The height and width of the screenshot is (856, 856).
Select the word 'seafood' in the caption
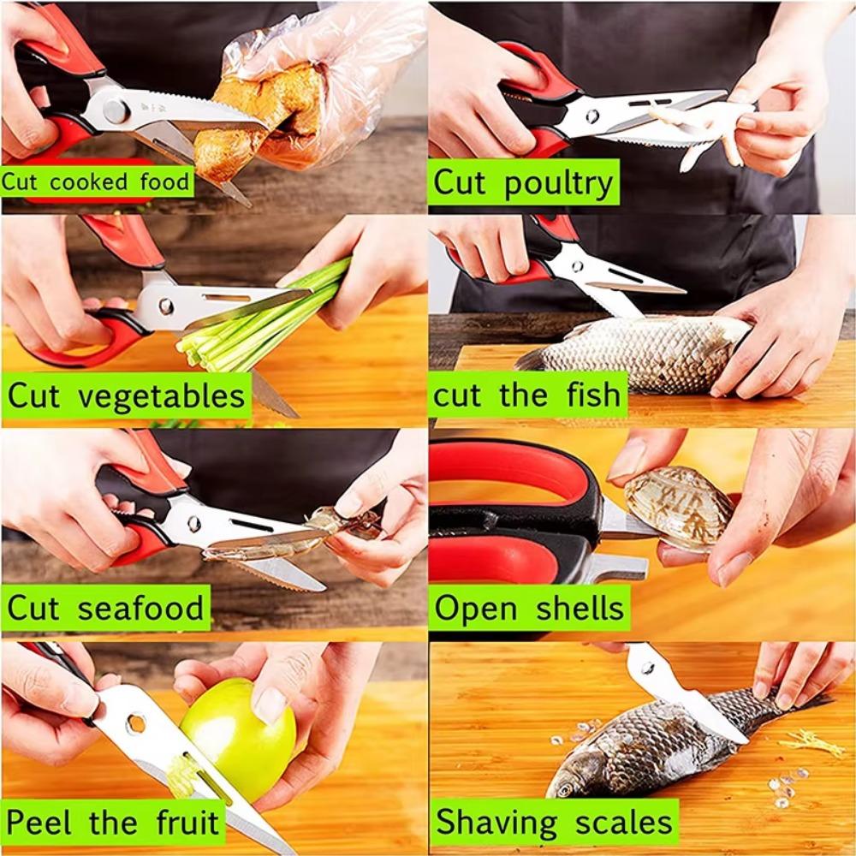pyautogui.click(x=141, y=609)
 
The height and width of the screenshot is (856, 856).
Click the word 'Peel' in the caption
pyautogui.click(x=43, y=823)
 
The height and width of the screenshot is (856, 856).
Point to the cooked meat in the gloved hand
pyautogui.click(x=257, y=111)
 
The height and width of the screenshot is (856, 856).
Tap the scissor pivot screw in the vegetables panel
pyautogui.click(x=165, y=306)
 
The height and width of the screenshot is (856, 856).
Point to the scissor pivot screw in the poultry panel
pyautogui.click(x=591, y=116)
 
